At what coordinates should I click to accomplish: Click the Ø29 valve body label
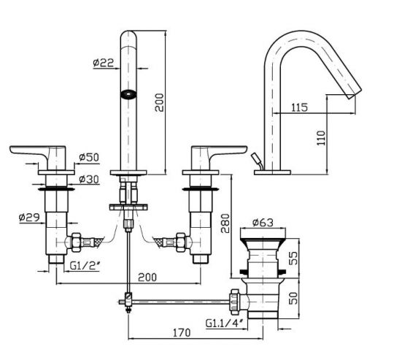pos(28,217)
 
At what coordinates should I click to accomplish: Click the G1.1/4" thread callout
pos(225,323)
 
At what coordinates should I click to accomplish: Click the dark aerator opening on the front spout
pos(129,93)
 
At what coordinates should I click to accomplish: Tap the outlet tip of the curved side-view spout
pos(355,91)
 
